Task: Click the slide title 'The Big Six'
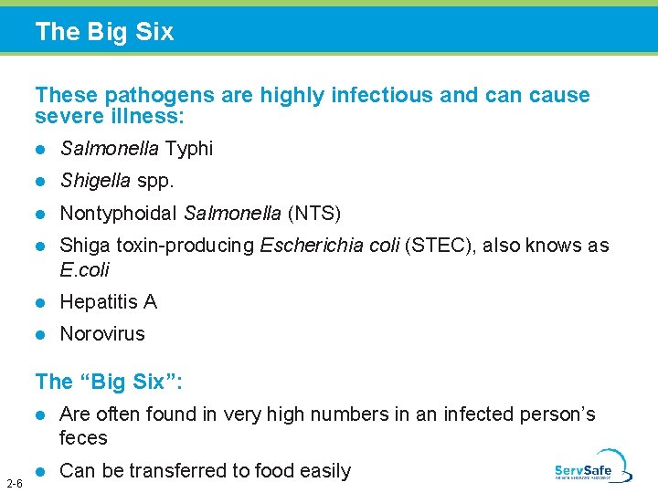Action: click(104, 32)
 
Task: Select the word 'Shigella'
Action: click(95, 181)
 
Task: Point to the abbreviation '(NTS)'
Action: click(313, 214)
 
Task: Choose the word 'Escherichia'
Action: click(310, 246)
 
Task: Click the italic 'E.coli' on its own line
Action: click(84, 270)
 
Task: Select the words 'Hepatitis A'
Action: click(108, 302)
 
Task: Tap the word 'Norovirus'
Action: click(102, 334)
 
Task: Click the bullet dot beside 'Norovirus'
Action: click(39, 335)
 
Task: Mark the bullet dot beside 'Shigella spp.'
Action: click(39, 182)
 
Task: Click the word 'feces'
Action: click(83, 438)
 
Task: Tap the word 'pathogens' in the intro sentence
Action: click(151, 95)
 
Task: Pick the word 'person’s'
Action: click(557, 414)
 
